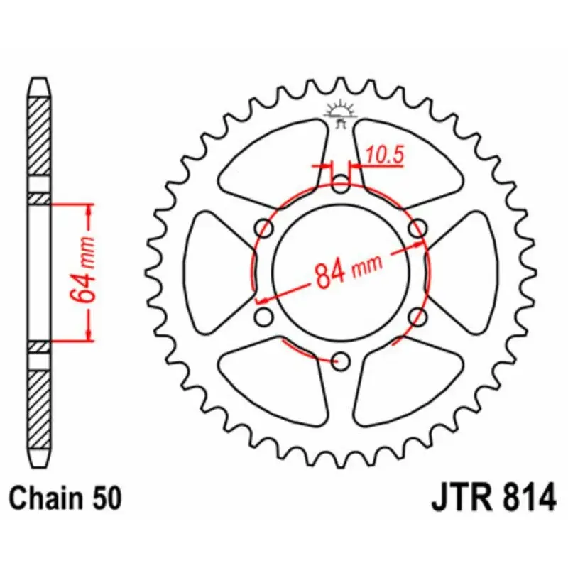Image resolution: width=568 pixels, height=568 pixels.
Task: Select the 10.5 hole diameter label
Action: [385, 156]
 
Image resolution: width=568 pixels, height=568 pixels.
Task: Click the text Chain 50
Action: [67, 497]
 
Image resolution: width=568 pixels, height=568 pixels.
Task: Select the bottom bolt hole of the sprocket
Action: [342, 361]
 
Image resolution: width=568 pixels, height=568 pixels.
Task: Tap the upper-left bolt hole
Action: [266, 229]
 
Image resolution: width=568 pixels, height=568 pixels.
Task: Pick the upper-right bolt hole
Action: [418, 229]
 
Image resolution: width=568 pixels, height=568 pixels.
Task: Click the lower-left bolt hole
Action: [264, 315]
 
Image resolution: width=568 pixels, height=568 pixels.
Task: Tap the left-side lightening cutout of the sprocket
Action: [217, 273]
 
